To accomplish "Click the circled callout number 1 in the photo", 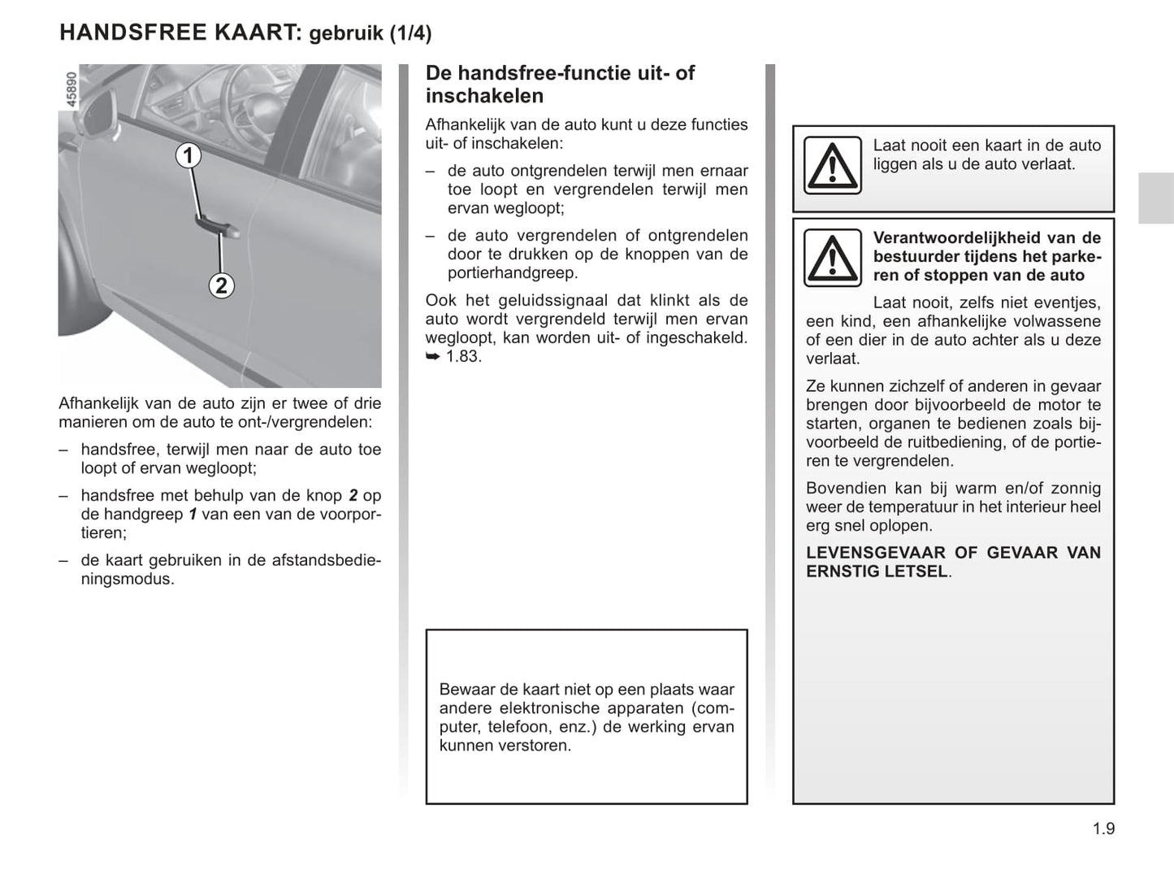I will pos(188,155).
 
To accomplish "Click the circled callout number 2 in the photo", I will pos(221,285).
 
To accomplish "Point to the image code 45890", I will pos(71,89).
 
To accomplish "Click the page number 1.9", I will pos(1103,829).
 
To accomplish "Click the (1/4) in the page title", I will pos(410,33).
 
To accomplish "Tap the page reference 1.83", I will pos(463,356).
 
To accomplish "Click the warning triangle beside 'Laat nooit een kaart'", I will pos(832,165).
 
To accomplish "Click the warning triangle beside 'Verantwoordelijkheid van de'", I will pos(832,258).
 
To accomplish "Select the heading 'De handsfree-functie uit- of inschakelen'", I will pos(560,85).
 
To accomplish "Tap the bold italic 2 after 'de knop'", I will pos(353,495).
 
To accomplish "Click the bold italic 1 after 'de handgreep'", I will pos(193,514).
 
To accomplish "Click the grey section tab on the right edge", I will pos(1155,198).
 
